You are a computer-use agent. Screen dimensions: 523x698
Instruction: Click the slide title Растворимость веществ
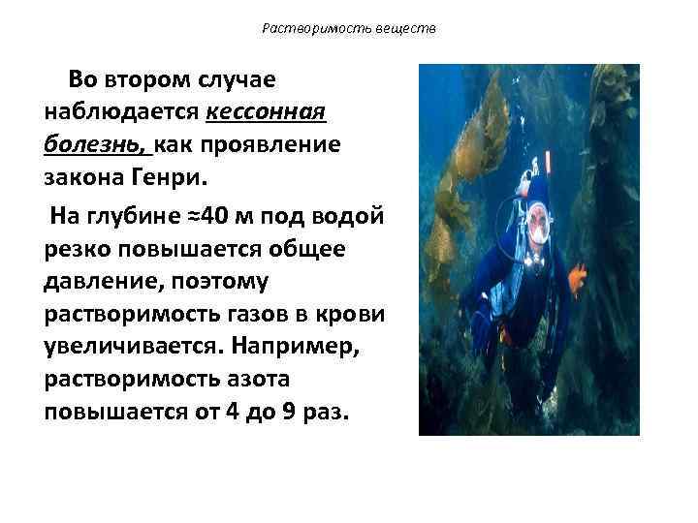coord(349,29)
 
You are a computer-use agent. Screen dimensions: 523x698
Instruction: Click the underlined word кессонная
coord(267,111)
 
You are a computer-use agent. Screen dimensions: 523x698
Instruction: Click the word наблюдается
coord(122,111)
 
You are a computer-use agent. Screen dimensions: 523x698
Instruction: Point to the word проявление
coord(273,145)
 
